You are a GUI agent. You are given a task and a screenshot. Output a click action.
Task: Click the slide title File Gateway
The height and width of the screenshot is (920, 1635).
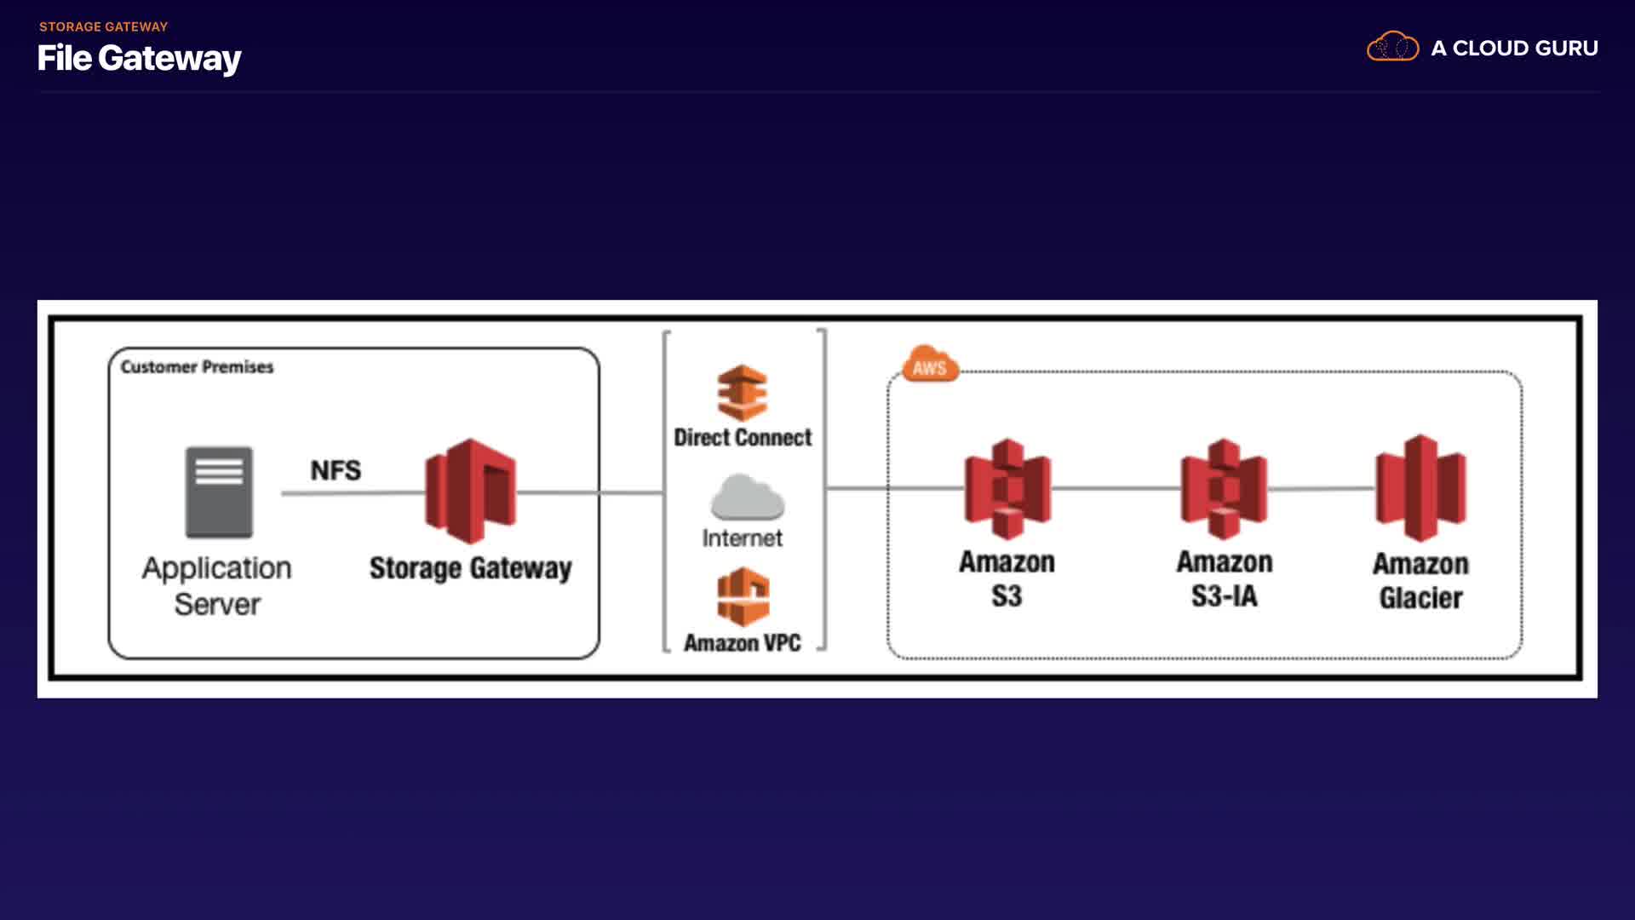tap(139, 58)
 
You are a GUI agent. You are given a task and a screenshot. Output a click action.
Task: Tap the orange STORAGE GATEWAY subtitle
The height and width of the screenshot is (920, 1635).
tap(103, 26)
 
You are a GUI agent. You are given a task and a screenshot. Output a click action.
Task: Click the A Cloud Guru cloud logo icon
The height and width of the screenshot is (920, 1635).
tap(1392, 47)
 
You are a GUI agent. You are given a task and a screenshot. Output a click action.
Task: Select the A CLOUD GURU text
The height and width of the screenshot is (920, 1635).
tap(1514, 49)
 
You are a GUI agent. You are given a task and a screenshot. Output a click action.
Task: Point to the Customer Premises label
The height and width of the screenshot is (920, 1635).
tap(197, 367)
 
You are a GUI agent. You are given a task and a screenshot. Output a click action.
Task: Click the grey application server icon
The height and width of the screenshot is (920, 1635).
tap(219, 492)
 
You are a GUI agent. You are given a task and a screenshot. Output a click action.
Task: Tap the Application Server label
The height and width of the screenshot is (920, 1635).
tap(216, 585)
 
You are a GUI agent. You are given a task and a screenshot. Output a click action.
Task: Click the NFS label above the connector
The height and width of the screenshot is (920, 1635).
tap(336, 470)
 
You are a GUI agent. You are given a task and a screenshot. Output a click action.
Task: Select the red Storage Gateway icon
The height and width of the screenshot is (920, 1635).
tap(470, 491)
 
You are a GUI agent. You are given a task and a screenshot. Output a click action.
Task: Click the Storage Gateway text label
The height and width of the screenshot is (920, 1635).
tap(470, 568)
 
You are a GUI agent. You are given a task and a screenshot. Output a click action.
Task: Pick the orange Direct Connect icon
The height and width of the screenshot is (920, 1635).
tap(742, 393)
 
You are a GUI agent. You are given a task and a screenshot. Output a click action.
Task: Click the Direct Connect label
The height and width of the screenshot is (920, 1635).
tap(743, 438)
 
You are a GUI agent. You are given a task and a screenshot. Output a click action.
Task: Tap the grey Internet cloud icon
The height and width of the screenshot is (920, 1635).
tap(747, 497)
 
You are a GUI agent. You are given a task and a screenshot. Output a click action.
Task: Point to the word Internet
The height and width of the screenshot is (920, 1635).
tap(742, 538)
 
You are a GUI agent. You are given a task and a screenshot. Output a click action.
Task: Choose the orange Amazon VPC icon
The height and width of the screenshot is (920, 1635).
tap(743, 597)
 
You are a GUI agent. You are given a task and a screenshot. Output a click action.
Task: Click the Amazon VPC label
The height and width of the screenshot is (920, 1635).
tap(742, 643)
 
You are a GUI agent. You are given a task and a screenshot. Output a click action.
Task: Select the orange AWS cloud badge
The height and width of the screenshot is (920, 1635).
tap(930, 365)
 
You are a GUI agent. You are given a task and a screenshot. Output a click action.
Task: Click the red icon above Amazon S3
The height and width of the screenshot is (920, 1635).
tap(1007, 489)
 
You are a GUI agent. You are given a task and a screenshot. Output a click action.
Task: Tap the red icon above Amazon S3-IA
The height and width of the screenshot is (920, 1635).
tap(1224, 489)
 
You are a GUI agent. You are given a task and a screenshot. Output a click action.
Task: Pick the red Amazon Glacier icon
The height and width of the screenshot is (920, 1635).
tap(1420, 488)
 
